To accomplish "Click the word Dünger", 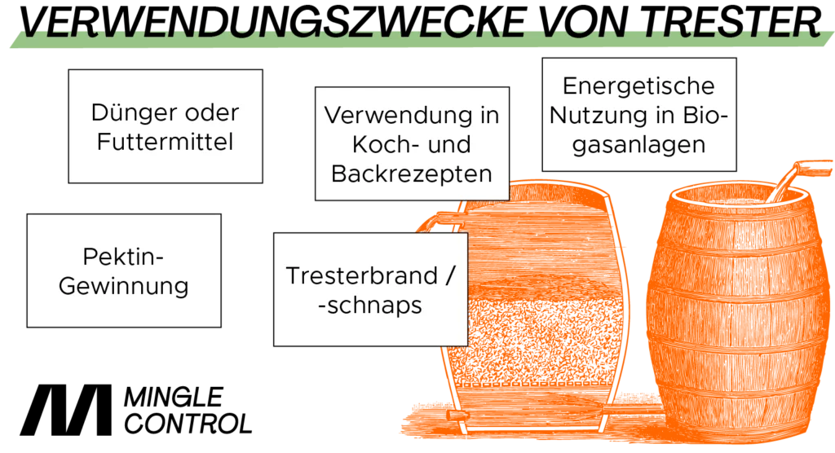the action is coord(128,113).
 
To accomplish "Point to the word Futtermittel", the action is coord(165,142).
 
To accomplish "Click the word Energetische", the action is coord(638,86).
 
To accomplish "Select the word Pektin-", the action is coord(123,257).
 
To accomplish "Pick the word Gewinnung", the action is coord(124,287).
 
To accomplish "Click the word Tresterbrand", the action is coord(361,275).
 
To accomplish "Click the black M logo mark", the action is coord(65,409).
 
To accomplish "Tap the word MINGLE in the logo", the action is coord(174,398).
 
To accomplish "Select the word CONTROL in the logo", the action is coord(188,424).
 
